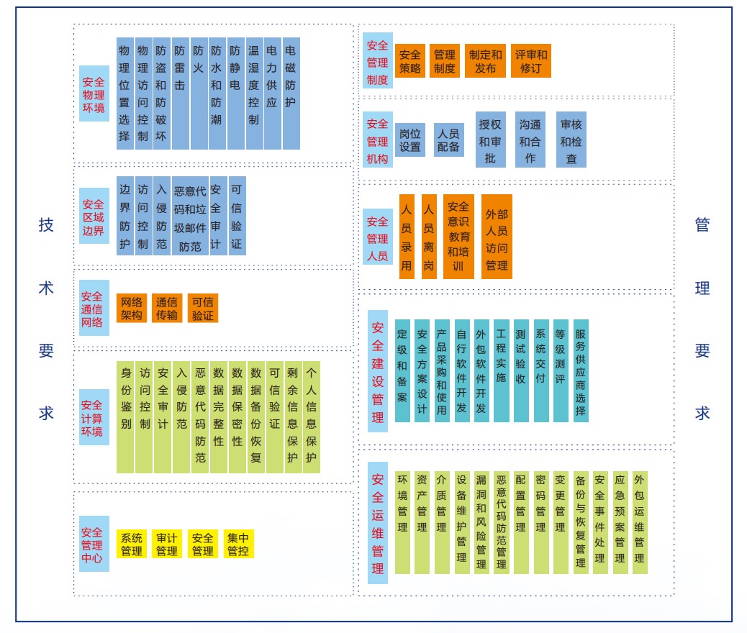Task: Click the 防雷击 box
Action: (x=180, y=94)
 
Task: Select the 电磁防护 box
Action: (x=291, y=94)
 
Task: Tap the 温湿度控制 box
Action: (x=253, y=94)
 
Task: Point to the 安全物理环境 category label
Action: (x=94, y=94)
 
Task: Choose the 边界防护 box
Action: (x=125, y=216)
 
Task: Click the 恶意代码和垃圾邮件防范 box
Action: (x=190, y=216)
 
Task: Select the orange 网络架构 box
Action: (x=132, y=308)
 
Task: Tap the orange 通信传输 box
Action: (x=167, y=308)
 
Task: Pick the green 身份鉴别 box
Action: (x=125, y=417)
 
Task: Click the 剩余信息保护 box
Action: (x=293, y=417)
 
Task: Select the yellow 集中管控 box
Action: (x=238, y=544)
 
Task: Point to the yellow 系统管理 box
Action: (x=132, y=544)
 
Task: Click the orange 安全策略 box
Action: (x=410, y=61)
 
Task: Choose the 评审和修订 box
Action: (x=531, y=61)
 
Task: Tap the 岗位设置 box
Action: (x=410, y=140)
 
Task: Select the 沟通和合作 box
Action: (x=530, y=140)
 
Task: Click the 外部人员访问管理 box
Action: (x=497, y=237)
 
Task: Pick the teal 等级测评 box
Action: (x=561, y=370)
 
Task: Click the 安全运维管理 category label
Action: (x=378, y=523)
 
